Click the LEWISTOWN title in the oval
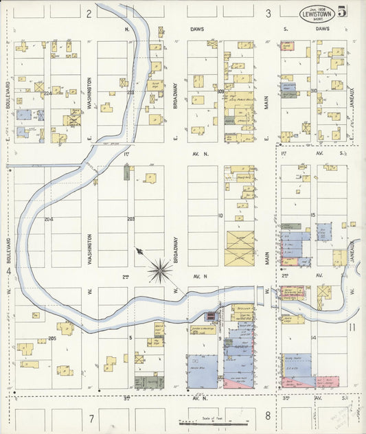[317, 15]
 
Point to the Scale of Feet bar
[214, 422]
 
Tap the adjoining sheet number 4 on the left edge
[8, 272]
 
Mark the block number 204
[48, 220]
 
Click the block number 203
[131, 220]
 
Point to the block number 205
[52, 339]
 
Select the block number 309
[220, 92]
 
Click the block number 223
[130, 92]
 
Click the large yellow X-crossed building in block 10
[240, 248]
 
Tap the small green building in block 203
[127, 172]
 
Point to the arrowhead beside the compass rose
[139, 251]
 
